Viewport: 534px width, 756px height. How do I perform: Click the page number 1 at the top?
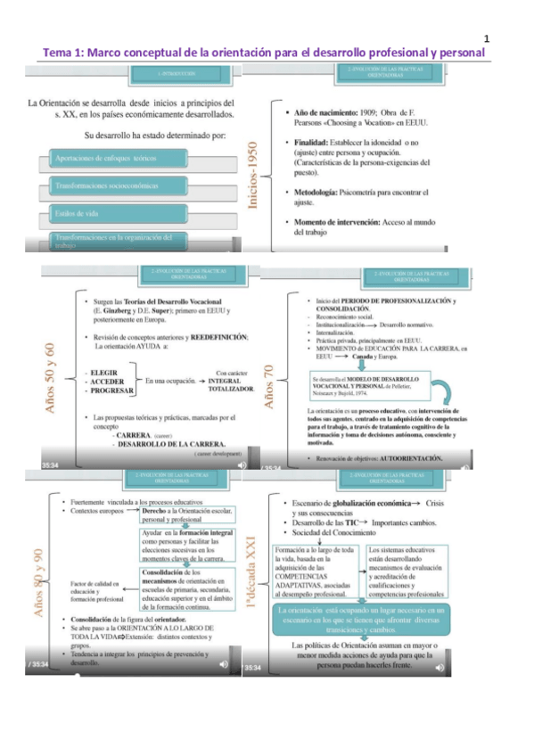[x=488, y=38]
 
